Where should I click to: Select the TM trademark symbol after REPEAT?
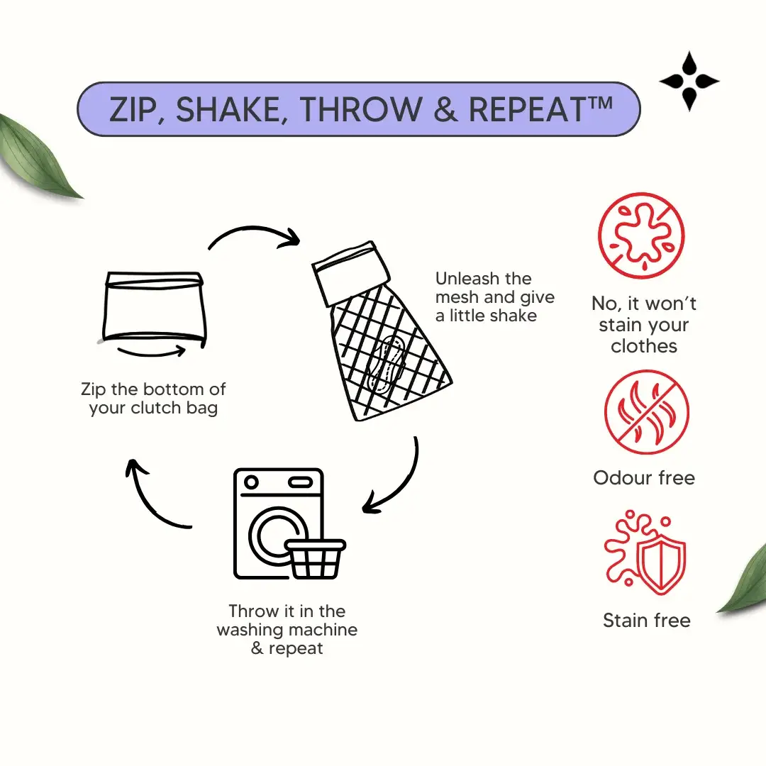599,103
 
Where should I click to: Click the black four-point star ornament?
689,81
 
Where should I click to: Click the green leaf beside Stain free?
744,582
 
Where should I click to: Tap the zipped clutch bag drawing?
155,309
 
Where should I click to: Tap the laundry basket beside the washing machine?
316,559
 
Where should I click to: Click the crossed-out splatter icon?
641,236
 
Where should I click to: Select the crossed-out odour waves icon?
647,412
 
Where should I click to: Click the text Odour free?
644,478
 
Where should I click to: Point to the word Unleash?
467,279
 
